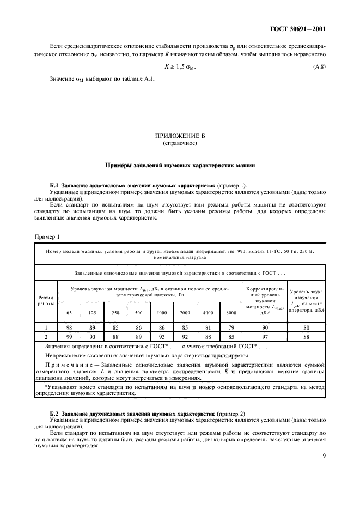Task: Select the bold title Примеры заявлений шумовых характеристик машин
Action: (180, 165)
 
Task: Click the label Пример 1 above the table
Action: (47, 237)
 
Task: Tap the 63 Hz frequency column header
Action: (69, 312)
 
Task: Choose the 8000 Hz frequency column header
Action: (230, 312)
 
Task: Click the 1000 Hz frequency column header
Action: (162, 312)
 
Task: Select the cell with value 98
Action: (69, 327)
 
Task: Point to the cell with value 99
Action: (69, 336)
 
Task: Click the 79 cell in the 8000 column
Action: (230, 327)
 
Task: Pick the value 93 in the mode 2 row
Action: (162, 336)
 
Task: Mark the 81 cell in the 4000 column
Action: (208, 327)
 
